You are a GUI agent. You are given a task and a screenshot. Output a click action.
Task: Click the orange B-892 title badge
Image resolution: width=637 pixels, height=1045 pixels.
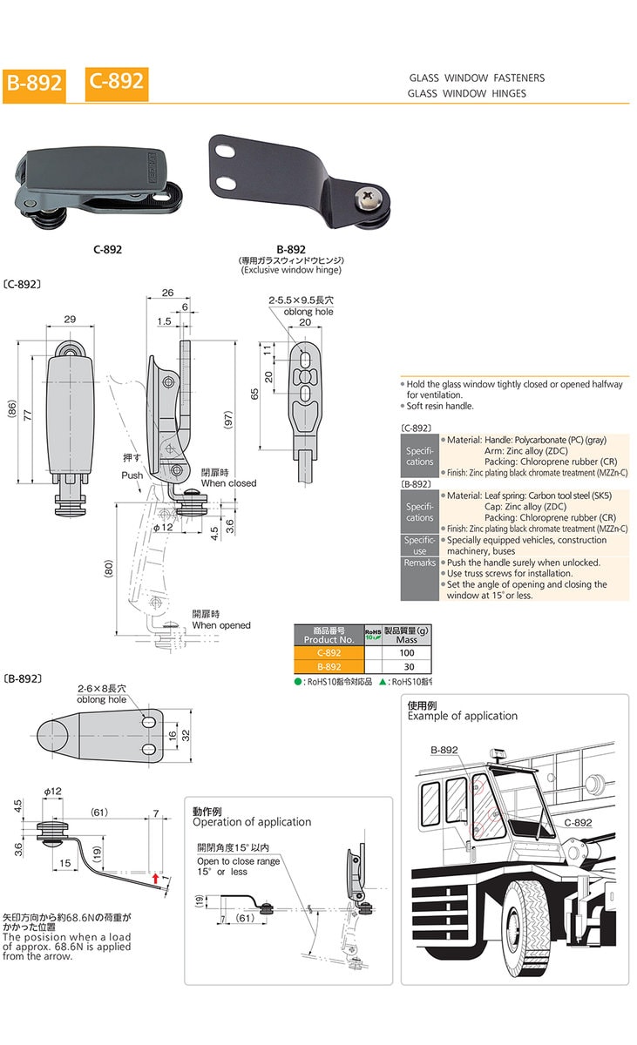click(x=34, y=84)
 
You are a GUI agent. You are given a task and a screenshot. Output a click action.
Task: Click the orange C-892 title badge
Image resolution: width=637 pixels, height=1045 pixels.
click(x=115, y=81)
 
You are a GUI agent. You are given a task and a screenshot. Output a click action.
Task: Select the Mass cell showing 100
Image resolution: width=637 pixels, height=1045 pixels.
click(x=406, y=652)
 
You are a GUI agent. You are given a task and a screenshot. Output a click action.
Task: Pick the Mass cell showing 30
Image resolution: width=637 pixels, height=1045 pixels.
click(x=406, y=666)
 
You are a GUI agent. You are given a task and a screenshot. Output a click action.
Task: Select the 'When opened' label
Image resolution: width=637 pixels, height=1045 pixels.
click(x=220, y=625)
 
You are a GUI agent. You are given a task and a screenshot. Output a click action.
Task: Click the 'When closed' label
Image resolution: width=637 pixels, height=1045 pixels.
click(x=228, y=483)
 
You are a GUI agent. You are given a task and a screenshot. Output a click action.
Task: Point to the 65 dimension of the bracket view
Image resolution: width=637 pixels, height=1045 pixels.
click(x=254, y=394)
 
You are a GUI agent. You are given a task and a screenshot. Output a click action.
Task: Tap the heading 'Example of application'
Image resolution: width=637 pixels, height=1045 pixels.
click(x=462, y=716)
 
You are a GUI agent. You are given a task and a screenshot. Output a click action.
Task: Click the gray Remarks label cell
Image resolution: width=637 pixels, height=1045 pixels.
click(x=419, y=563)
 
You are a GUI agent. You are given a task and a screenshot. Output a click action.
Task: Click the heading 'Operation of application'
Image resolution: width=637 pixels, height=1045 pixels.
click(x=251, y=822)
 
